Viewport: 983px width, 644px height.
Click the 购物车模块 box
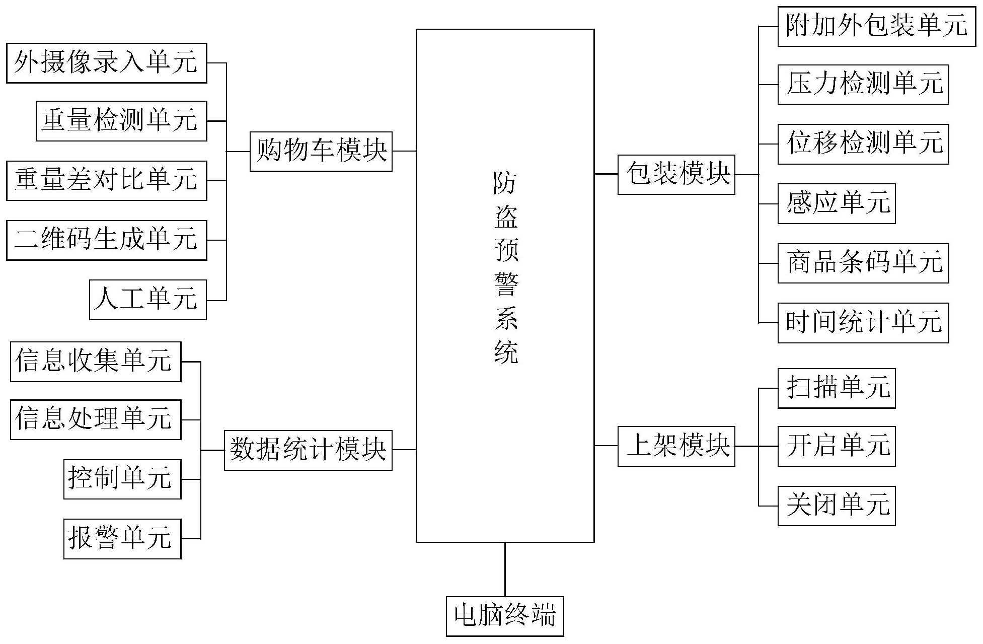321,151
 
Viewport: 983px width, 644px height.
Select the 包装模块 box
676,174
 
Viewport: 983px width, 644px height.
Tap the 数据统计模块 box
308,450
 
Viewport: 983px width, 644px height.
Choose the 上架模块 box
676,446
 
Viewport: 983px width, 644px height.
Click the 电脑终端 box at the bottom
505,616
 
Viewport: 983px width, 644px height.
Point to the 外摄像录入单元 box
106,63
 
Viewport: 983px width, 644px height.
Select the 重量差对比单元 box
106,180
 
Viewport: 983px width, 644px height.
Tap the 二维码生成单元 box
106,240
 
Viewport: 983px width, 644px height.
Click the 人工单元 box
147,300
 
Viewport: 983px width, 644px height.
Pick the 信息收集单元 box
96,362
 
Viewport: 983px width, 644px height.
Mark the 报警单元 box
122,538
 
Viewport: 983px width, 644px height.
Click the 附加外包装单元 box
876,26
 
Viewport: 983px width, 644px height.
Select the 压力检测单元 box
863,85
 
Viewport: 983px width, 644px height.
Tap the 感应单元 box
836,203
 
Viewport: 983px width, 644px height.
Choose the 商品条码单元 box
863,263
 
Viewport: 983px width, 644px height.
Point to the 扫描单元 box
836,388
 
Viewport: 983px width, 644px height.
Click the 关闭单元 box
836,506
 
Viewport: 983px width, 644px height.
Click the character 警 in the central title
505,284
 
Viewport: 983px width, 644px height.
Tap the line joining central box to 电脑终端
505,569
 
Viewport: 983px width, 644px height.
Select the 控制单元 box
122,479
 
